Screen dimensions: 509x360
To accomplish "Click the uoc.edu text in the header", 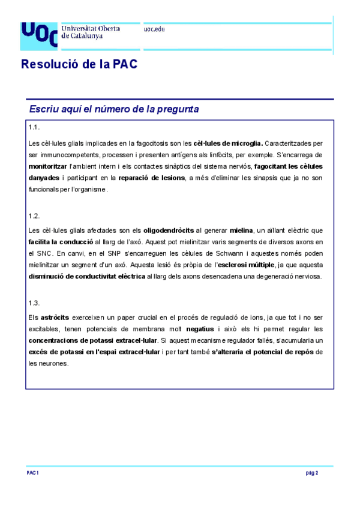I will click(x=154, y=29).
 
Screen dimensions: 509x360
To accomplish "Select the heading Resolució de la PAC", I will click(x=79, y=64).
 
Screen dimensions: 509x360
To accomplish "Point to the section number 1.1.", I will click(x=34, y=128).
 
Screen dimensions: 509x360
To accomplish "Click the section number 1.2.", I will click(x=34, y=215).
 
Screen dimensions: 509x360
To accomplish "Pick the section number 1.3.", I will click(x=34, y=303).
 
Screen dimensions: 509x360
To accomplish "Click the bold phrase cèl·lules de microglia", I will click(x=227, y=143).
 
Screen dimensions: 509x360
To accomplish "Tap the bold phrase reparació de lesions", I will click(x=151, y=178).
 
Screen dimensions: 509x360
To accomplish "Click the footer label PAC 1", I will click(x=33, y=473).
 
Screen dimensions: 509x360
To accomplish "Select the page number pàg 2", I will click(x=311, y=473).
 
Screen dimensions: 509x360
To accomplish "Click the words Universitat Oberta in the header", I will click(x=91, y=28).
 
